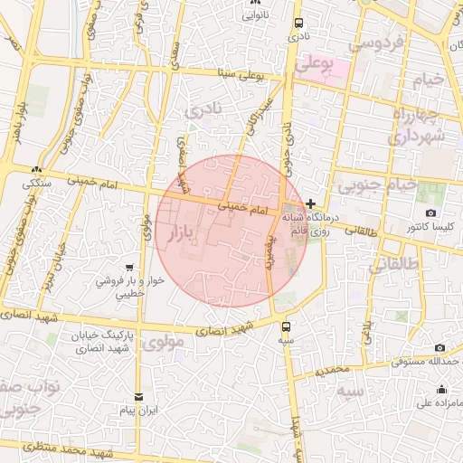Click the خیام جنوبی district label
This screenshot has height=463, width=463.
coord(377,185)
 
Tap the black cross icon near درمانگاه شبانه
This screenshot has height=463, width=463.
coord(311,204)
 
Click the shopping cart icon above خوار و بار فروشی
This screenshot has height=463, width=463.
coord(132,268)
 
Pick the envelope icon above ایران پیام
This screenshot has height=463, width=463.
coord(138,397)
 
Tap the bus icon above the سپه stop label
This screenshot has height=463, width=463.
coord(287,327)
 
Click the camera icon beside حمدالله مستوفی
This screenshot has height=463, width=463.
coord(439,348)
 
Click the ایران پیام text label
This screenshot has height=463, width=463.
coord(140,411)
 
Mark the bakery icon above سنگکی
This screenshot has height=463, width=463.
coord(35,169)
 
